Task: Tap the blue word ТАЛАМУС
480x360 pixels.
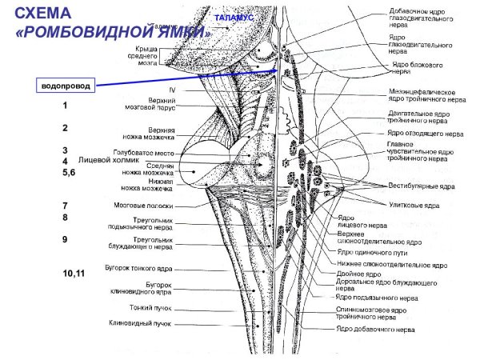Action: pos(234,17)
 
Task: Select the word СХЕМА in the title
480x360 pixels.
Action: pos(47,14)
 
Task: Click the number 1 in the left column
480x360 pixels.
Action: pos(65,106)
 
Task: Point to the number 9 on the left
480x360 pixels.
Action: pos(64,239)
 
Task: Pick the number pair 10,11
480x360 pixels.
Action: pos(74,274)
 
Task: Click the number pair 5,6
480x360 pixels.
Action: pos(67,172)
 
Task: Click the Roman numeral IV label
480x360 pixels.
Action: pos(171,90)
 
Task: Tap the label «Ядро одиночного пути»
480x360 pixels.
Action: pos(370,250)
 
